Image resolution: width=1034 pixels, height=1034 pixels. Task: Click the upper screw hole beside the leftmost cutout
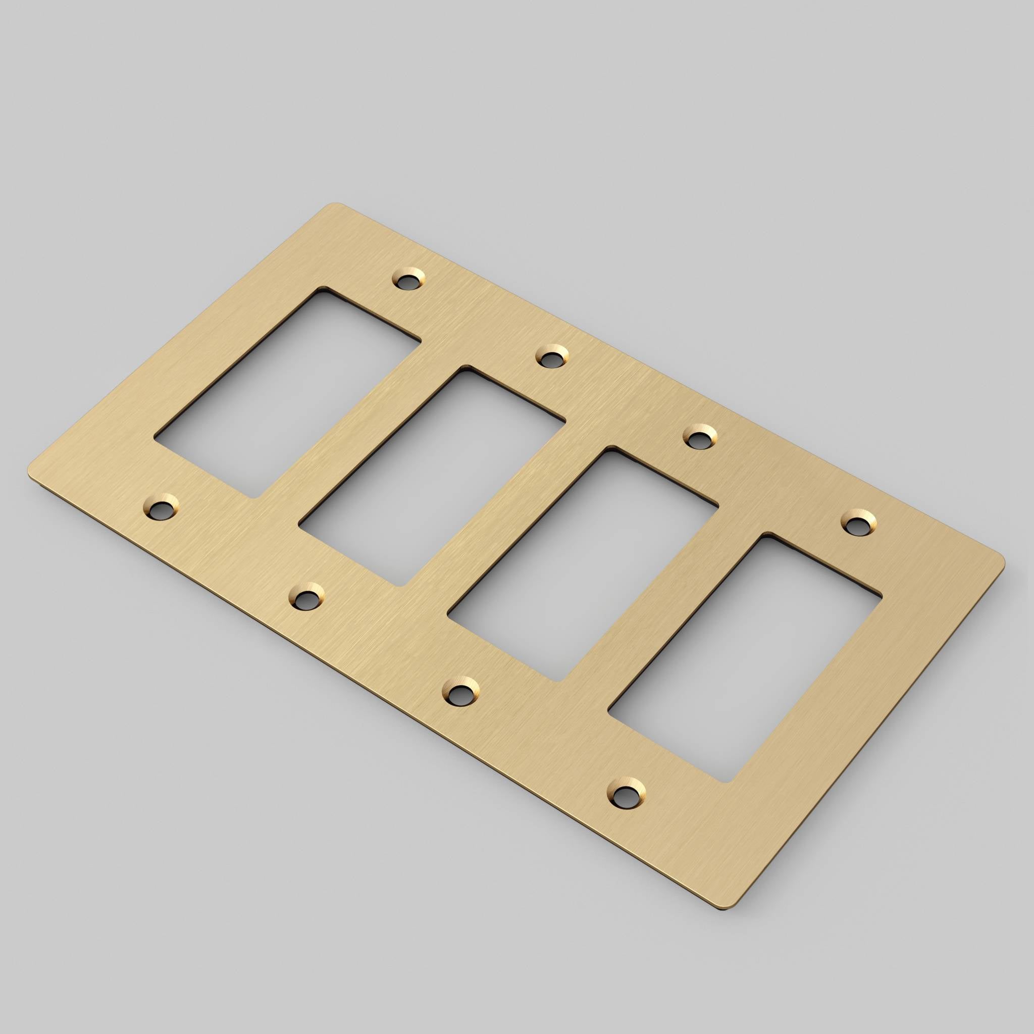point(409,280)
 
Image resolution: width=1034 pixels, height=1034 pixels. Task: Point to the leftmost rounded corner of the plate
point(30,474)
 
